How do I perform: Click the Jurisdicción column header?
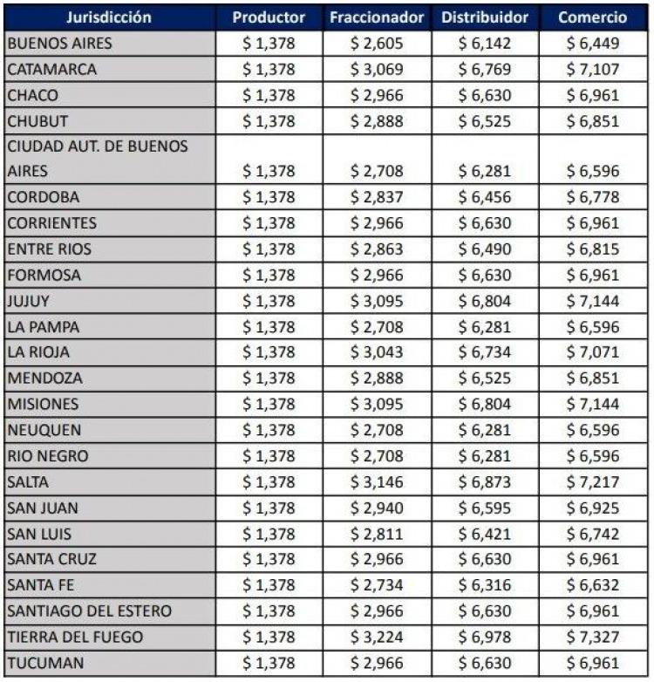coord(109,17)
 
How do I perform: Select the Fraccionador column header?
coord(377,17)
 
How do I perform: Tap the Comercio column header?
coord(592,17)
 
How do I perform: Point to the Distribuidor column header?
coord(485,17)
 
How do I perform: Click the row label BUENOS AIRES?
coord(59,44)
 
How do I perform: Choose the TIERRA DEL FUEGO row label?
coord(75,638)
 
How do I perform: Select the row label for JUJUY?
coord(28,301)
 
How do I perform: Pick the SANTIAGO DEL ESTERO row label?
coord(90,611)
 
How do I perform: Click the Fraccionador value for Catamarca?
coord(377,69)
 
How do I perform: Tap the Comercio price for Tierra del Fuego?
coord(593,638)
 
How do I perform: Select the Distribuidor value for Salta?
coord(485,482)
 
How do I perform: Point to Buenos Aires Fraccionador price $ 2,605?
coord(377,44)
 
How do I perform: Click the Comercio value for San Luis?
coord(593,534)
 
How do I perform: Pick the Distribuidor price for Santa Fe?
coord(485,585)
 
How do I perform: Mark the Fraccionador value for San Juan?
coord(377,508)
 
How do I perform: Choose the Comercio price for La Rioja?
coord(593,351)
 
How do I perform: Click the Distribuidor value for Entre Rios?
coord(485,249)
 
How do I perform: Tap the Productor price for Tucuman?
coord(269,664)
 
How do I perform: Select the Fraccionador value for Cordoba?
coord(377,197)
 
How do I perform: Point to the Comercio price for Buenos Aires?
coord(593,44)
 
